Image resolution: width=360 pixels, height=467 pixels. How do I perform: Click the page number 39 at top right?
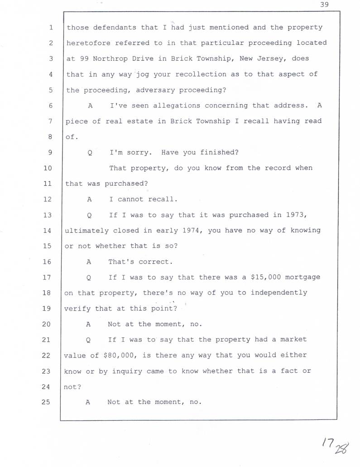click(x=324, y=5)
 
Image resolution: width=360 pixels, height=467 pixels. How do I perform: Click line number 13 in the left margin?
click(x=48, y=215)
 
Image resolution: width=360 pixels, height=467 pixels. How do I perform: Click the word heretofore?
click(x=88, y=43)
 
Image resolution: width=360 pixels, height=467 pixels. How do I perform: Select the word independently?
click(x=278, y=293)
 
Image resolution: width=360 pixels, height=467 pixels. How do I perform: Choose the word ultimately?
click(x=86, y=231)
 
